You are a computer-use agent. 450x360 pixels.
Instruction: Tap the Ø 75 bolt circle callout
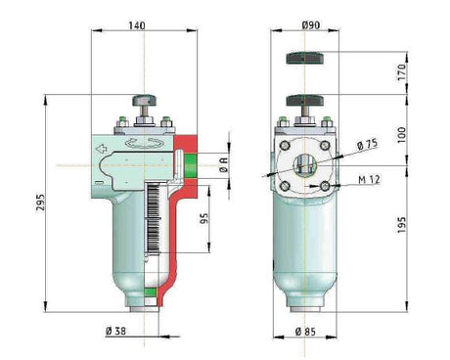pos(367,145)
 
